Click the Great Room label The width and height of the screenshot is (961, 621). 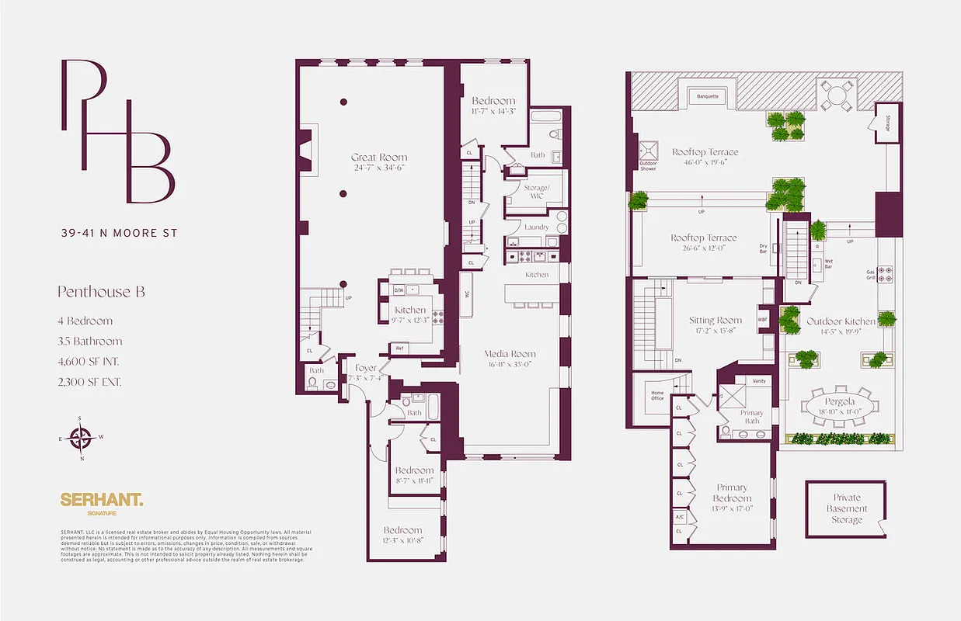coord(378,158)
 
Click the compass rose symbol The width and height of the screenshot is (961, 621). coord(80,437)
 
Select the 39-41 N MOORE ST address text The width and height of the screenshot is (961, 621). coord(118,233)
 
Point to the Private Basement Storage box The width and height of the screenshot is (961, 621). coord(846,509)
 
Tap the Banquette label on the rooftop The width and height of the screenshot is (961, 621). coord(708,96)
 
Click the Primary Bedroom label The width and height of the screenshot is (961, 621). coord(732,493)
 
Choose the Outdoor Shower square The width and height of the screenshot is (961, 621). coord(648,151)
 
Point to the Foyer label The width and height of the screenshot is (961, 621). coord(366,368)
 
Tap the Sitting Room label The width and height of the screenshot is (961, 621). coord(716,320)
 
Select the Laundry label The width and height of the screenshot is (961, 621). coord(536,227)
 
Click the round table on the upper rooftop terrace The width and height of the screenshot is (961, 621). coord(837,95)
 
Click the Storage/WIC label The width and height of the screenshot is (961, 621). coord(536,192)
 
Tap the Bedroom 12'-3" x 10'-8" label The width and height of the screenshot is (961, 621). coord(402,531)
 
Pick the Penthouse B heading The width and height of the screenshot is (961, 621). coord(101,293)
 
